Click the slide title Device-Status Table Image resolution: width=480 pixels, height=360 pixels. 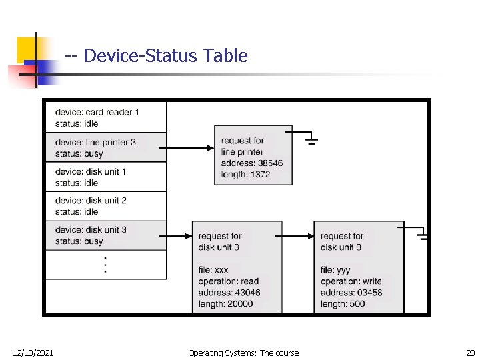pos(157,56)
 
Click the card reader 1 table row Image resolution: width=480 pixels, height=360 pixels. pos(105,117)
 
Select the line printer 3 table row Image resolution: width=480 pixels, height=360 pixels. pos(105,147)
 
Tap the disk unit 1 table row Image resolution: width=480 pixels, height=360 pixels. pos(105,177)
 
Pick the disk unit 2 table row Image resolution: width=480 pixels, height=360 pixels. pos(105,206)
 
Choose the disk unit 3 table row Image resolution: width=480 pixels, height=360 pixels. pos(105,235)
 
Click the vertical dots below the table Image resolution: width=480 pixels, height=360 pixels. pos(105,265)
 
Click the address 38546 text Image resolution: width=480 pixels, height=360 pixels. pos(252,163)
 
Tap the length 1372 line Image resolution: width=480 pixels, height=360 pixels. pos(246,174)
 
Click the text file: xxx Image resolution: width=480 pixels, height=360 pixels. pos(213,270)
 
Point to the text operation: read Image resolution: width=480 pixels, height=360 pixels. pos(229,281)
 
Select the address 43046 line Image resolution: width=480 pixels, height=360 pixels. pos(229,293)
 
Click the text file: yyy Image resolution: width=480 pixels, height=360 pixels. pos(335,270)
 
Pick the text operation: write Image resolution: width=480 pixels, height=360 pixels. pos(351,281)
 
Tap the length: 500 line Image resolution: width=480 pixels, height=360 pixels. pos(343,304)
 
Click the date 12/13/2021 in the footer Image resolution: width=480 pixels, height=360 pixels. pos(33,353)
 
